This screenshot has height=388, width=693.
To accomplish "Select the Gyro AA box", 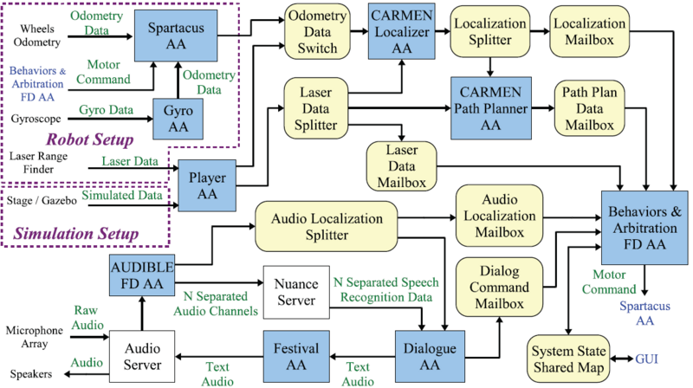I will (x=178, y=119).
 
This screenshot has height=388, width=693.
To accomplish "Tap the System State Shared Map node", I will (x=569, y=358).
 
